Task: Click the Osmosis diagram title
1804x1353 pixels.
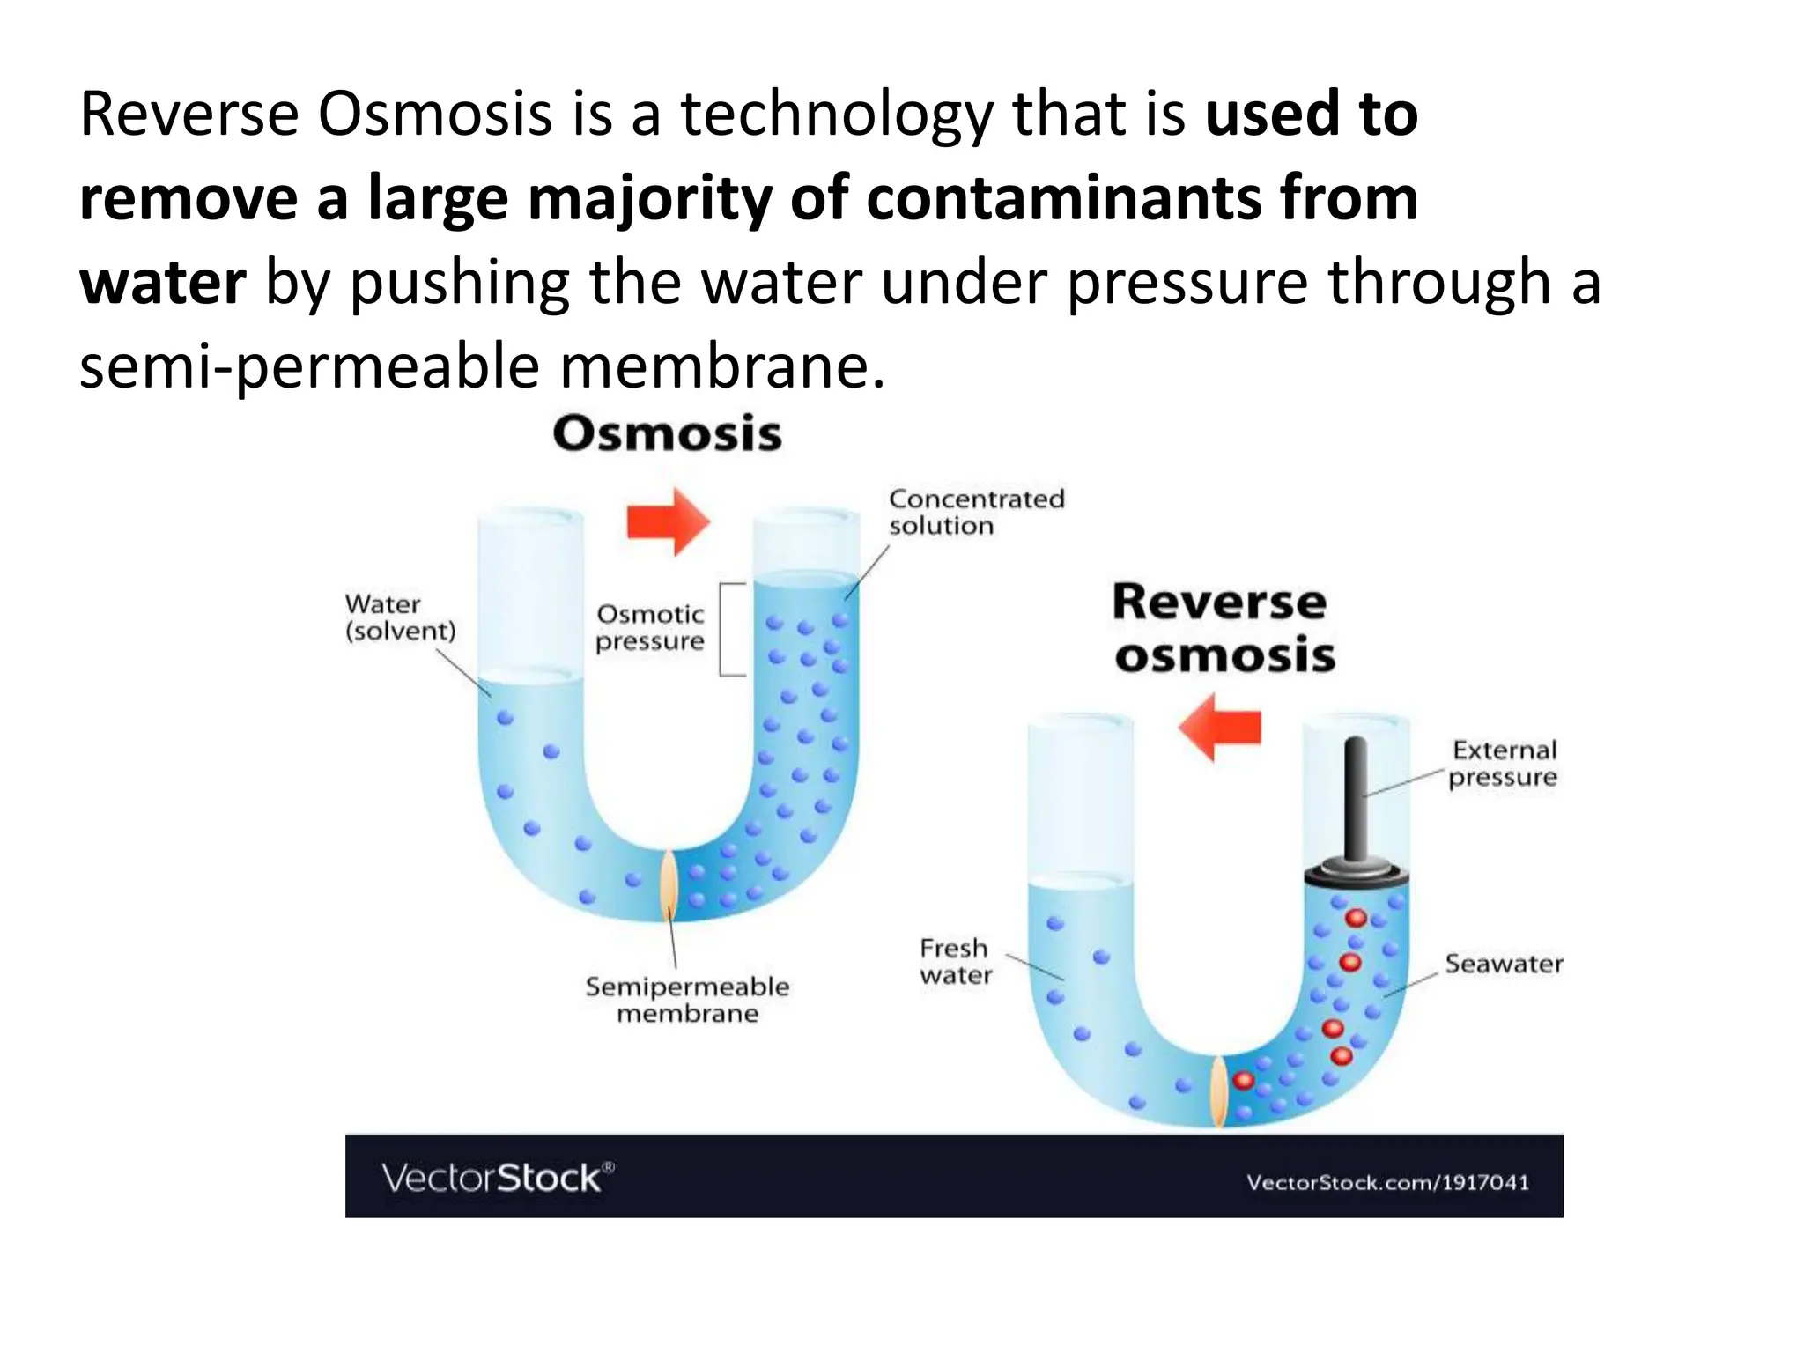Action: [x=667, y=434]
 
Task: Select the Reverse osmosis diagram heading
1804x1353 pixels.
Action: [x=1223, y=629]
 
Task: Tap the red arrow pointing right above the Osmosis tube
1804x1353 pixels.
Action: [x=668, y=521]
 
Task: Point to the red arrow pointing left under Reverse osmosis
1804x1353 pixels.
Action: [x=1220, y=727]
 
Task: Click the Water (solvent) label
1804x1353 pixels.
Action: [x=400, y=617]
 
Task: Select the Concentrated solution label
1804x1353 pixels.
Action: [x=976, y=512]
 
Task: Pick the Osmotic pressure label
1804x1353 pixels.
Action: [x=650, y=627]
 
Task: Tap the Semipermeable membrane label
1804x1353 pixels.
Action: [x=687, y=1000]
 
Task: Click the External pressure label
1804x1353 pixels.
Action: [x=1504, y=764]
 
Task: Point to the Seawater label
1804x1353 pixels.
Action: [x=1504, y=964]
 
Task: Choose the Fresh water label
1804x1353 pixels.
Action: [x=956, y=962]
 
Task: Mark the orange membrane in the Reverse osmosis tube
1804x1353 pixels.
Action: [x=1219, y=1092]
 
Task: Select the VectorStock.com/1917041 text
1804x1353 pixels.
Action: [x=1387, y=1182]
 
